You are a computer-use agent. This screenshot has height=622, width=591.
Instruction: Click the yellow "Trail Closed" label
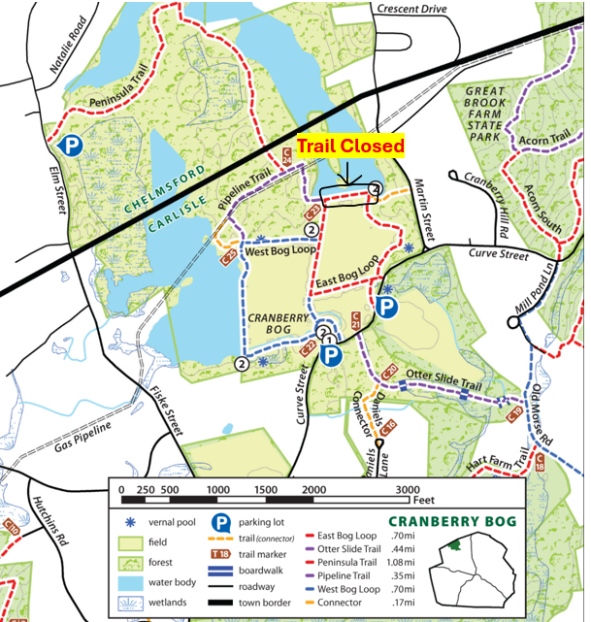pos(350,147)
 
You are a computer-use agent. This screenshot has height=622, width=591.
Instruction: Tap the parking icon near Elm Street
pos(70,146)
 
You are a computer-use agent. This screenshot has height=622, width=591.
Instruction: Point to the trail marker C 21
pos(357,317)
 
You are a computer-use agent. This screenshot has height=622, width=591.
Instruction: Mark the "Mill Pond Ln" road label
pos(535,289)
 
